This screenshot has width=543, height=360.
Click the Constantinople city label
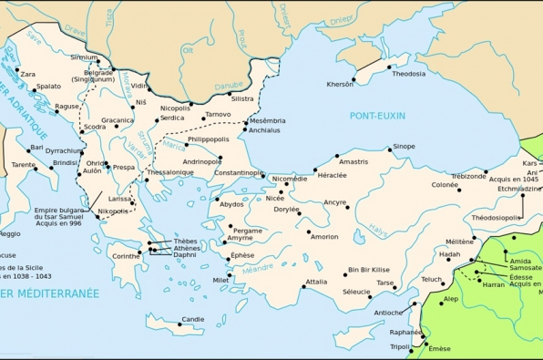[x=239, y=172]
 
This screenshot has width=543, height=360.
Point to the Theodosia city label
[x=409, y=75]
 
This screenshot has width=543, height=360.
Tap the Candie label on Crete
[x=192, y=319]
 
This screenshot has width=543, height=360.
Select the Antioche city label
[x=388, y=313]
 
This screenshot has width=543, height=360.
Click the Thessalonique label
[x=170, y=172]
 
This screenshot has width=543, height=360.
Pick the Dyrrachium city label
[x=64, y=150]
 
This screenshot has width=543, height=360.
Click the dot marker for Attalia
[x=300, y=282]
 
